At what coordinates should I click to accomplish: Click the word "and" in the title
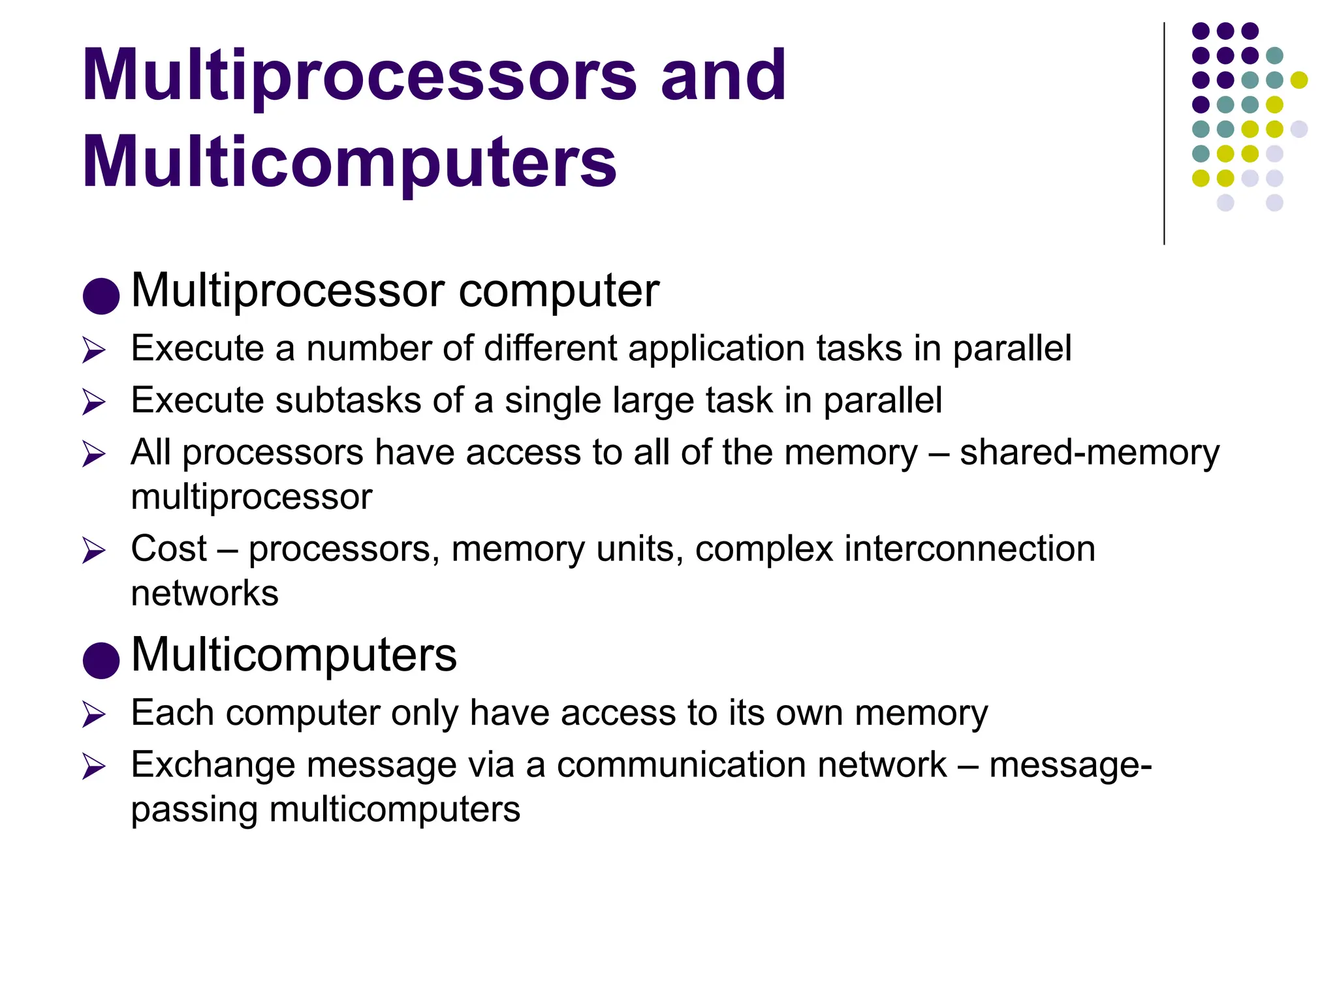[x=723, y=76]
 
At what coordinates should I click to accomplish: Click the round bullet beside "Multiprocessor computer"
[x=101, y=296]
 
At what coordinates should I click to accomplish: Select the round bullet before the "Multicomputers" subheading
[x=101, y=660]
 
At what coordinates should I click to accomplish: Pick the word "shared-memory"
[x=1089, y=452]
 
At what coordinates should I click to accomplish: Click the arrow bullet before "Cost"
[x=94, y=551]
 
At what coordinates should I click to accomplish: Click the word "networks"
[x=204, y=593]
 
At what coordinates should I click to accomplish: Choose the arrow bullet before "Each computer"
[x=94, y=715]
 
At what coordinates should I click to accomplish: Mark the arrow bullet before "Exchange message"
[x=94, y=767]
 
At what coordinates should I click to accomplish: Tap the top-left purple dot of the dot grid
[x=1201, y=31]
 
